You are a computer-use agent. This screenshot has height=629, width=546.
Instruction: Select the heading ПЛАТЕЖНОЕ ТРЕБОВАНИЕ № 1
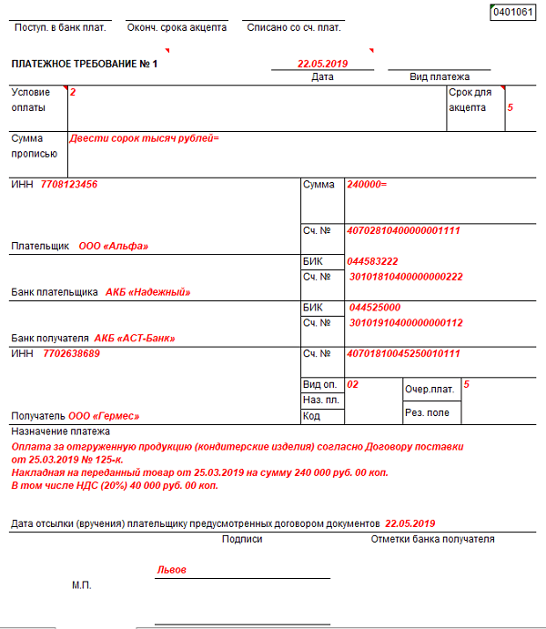click(x=85, y=65)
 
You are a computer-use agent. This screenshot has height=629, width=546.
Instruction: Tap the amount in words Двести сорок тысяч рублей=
click(x=145, y=138)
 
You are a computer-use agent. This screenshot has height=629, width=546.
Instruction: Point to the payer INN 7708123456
click(x=69, y=185)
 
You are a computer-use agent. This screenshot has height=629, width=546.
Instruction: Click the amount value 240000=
click(x=368, y=185)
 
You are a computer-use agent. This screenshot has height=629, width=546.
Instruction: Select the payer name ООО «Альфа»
click(x=113, y=246)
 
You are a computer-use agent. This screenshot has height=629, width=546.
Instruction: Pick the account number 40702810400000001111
click(x=404, y=230)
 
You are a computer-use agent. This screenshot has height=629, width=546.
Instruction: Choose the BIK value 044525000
click(x=375, y=308)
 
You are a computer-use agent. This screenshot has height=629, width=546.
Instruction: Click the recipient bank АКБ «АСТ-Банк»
click(x=135, y=338)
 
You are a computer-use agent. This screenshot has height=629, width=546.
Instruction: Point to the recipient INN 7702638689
click(x=71, y=353)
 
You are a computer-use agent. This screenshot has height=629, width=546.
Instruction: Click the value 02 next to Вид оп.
click(x=353, y=384)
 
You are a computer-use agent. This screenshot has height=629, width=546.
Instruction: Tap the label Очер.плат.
click(x=429, y=389)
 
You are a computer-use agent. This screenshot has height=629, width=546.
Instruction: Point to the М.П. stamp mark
click(x=82, y=585)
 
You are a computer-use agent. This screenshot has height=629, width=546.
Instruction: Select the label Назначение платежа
click(x=60, y=431)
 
